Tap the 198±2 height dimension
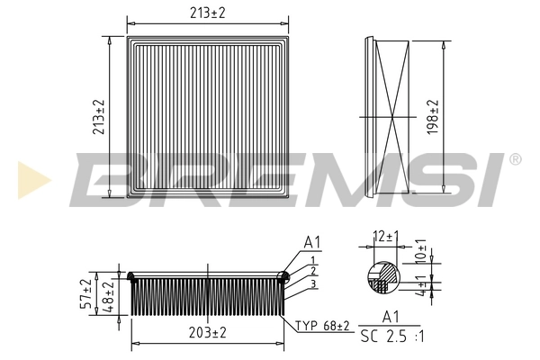tap(434, 117)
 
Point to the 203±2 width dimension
tap(209, 332)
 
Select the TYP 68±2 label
tap(321, 325)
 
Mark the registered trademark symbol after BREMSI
tap(515, 159)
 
